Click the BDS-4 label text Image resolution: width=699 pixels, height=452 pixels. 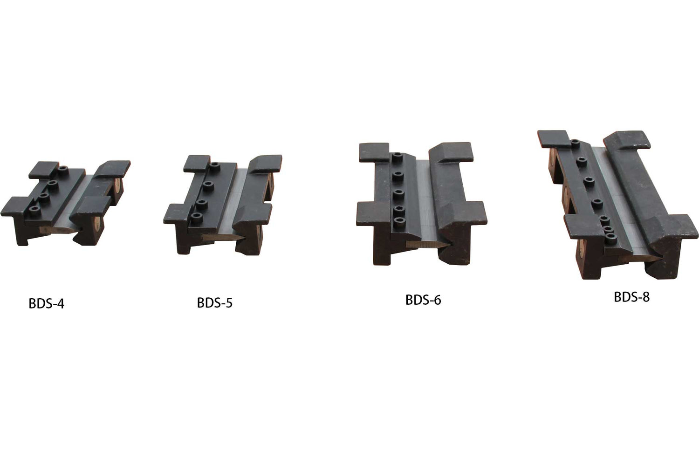tap(47, 304)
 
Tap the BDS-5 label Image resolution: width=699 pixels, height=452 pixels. tap(214, 303)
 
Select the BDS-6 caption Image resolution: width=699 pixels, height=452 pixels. tap(423, 300)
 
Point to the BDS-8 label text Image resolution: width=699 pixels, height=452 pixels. tap(631, 297)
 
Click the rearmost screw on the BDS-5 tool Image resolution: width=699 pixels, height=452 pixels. tap(215, 165)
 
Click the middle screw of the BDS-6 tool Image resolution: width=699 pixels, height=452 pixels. tap(397, 192)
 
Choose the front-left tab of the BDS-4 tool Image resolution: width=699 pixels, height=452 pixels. tap(13, 207)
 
